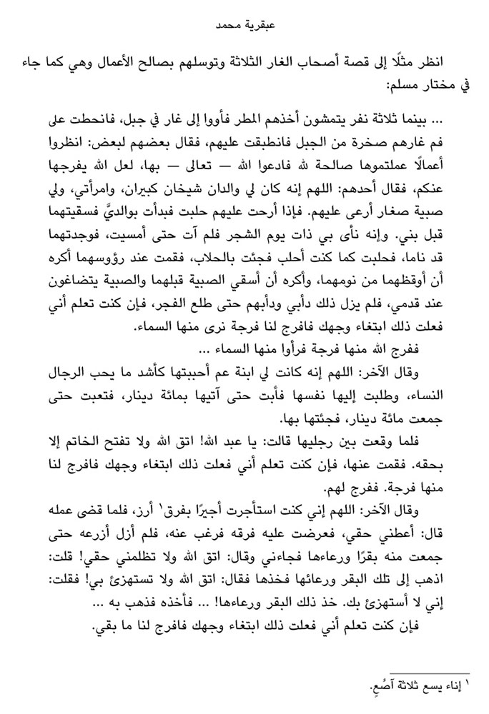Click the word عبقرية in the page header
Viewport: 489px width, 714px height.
click(259, 29)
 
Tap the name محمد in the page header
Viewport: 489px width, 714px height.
click(229, 29)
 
